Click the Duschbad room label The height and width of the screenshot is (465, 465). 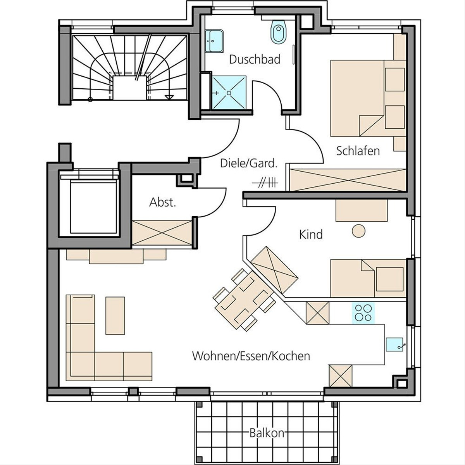tap(255, 59)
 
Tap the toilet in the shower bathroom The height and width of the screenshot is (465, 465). tap(279, 32)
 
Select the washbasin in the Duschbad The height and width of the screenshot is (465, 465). tap(214, 41)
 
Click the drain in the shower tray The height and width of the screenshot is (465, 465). tap(229, 93)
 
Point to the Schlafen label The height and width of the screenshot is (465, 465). tap(358, 151)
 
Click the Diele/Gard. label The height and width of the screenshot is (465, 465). tap(248, 164)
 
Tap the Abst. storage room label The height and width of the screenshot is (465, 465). tap(163, 202)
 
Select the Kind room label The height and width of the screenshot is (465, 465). tap(311, 234)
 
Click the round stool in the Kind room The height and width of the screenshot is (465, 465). tap(358, 231)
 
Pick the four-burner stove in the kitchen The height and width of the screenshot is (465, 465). tap(363, 313)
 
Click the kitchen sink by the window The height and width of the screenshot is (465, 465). tap(394, 344)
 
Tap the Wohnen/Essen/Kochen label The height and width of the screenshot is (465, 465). tap(251, 356)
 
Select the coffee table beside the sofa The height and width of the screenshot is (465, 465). tap(115, 315)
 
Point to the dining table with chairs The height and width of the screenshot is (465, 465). tap(244, 300)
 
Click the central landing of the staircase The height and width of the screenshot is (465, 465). tap(129, 88)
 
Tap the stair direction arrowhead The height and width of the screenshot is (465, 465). tap(169, 97)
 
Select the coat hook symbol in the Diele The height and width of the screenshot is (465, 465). tap(265, 183)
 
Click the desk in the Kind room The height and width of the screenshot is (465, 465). tap(362, 210)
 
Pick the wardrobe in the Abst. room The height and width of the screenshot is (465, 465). tap(162, 233)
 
